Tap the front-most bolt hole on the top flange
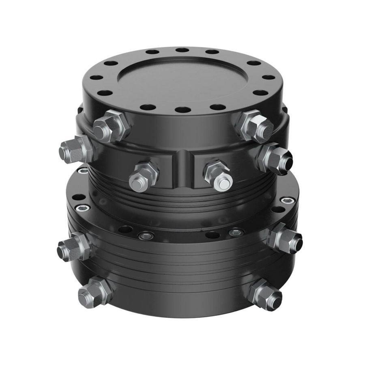[x=183, y=109]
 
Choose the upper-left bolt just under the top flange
[x=110, y=127]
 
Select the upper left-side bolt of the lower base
[x=75, y=246]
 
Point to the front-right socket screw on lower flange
[x=236, y=233]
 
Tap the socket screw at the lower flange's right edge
[x=287, y=200]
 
